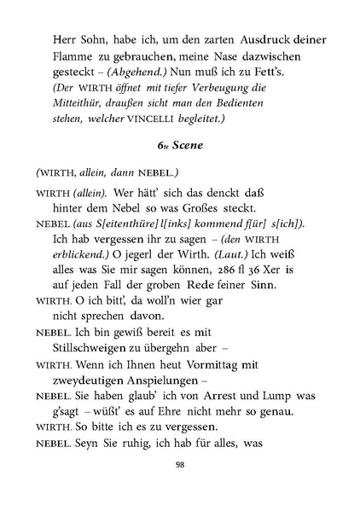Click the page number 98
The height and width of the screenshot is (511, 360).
(180, 464)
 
